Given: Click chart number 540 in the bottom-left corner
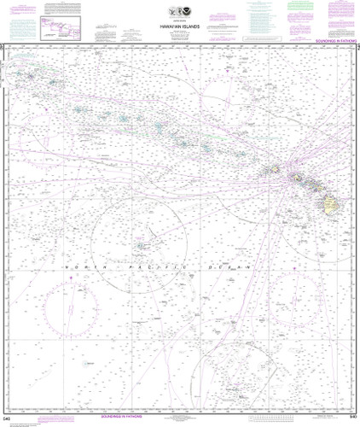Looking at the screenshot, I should click(x=7, y=419).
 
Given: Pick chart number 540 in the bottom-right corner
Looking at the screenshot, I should click(x=352, y=419).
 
